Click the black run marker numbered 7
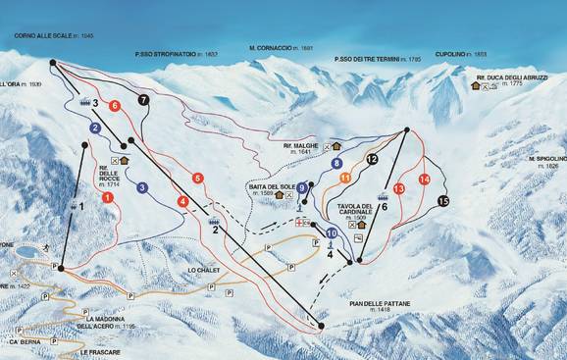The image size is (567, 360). click(x=144, y=100)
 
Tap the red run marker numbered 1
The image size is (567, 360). click(x=107, y=197)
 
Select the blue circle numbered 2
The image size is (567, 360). click(x=95, y=128)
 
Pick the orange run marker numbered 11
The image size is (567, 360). click(x=345, y=178)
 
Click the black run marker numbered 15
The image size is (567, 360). click(x=443, y=201)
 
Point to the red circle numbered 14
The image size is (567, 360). click(x=424, y=180)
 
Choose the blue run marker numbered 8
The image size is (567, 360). click(x=336, y=164)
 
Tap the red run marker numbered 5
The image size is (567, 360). click(x=198, y=178)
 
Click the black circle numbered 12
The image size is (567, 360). click(x=371, y=158)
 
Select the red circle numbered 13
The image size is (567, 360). click(x=398, y=187)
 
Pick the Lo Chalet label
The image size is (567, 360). click(x=200, y=267)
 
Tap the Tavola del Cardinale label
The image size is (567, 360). click(x=358, y=211)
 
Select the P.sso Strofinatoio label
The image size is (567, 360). click(x=177, y=54)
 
